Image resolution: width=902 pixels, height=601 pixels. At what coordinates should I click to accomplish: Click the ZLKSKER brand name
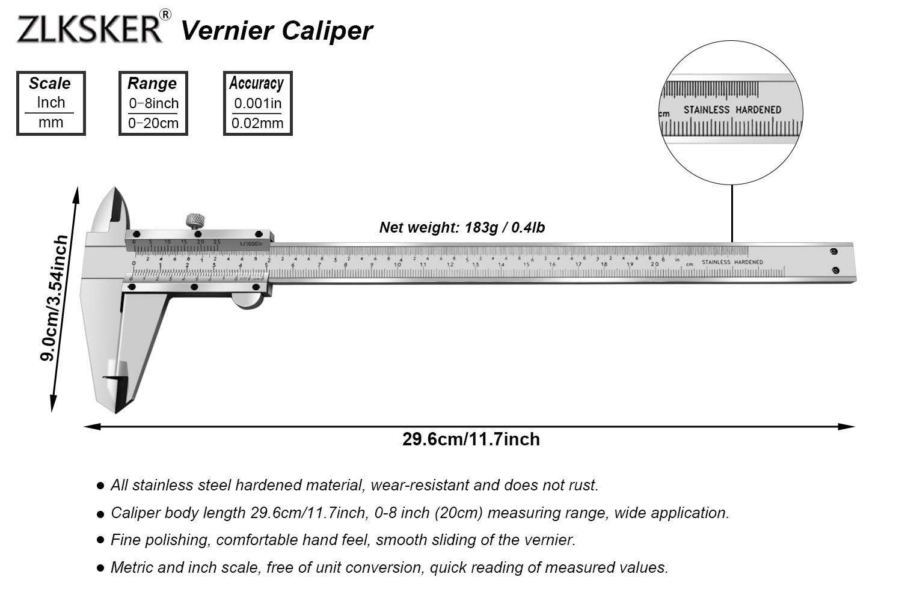(89, 29)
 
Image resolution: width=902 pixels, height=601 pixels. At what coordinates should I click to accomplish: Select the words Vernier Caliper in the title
(277, 31)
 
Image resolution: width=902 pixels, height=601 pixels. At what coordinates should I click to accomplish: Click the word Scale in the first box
(50, 84)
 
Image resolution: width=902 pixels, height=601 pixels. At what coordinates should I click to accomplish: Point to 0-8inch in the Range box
(153, 103)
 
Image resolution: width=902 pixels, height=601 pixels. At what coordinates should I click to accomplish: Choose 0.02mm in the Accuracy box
(257, 123)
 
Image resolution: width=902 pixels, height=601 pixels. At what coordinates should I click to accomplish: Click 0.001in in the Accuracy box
(257, 103)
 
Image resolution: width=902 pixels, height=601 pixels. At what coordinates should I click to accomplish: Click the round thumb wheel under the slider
(248, 300)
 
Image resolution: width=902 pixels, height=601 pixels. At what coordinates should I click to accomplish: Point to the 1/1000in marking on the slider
(251, 243)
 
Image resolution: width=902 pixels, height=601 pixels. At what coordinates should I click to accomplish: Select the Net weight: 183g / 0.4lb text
(462, 228)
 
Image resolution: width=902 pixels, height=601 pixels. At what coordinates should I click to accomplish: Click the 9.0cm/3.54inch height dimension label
(54, 299)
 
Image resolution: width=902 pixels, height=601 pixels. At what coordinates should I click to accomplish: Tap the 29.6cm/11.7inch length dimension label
(471, 439)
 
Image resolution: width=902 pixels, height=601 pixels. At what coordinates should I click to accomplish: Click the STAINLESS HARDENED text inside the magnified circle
(732, 110)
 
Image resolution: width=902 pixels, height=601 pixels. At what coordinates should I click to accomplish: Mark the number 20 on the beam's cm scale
(655, 264)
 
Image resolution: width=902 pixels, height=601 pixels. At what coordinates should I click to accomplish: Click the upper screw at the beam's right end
(833, 251)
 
